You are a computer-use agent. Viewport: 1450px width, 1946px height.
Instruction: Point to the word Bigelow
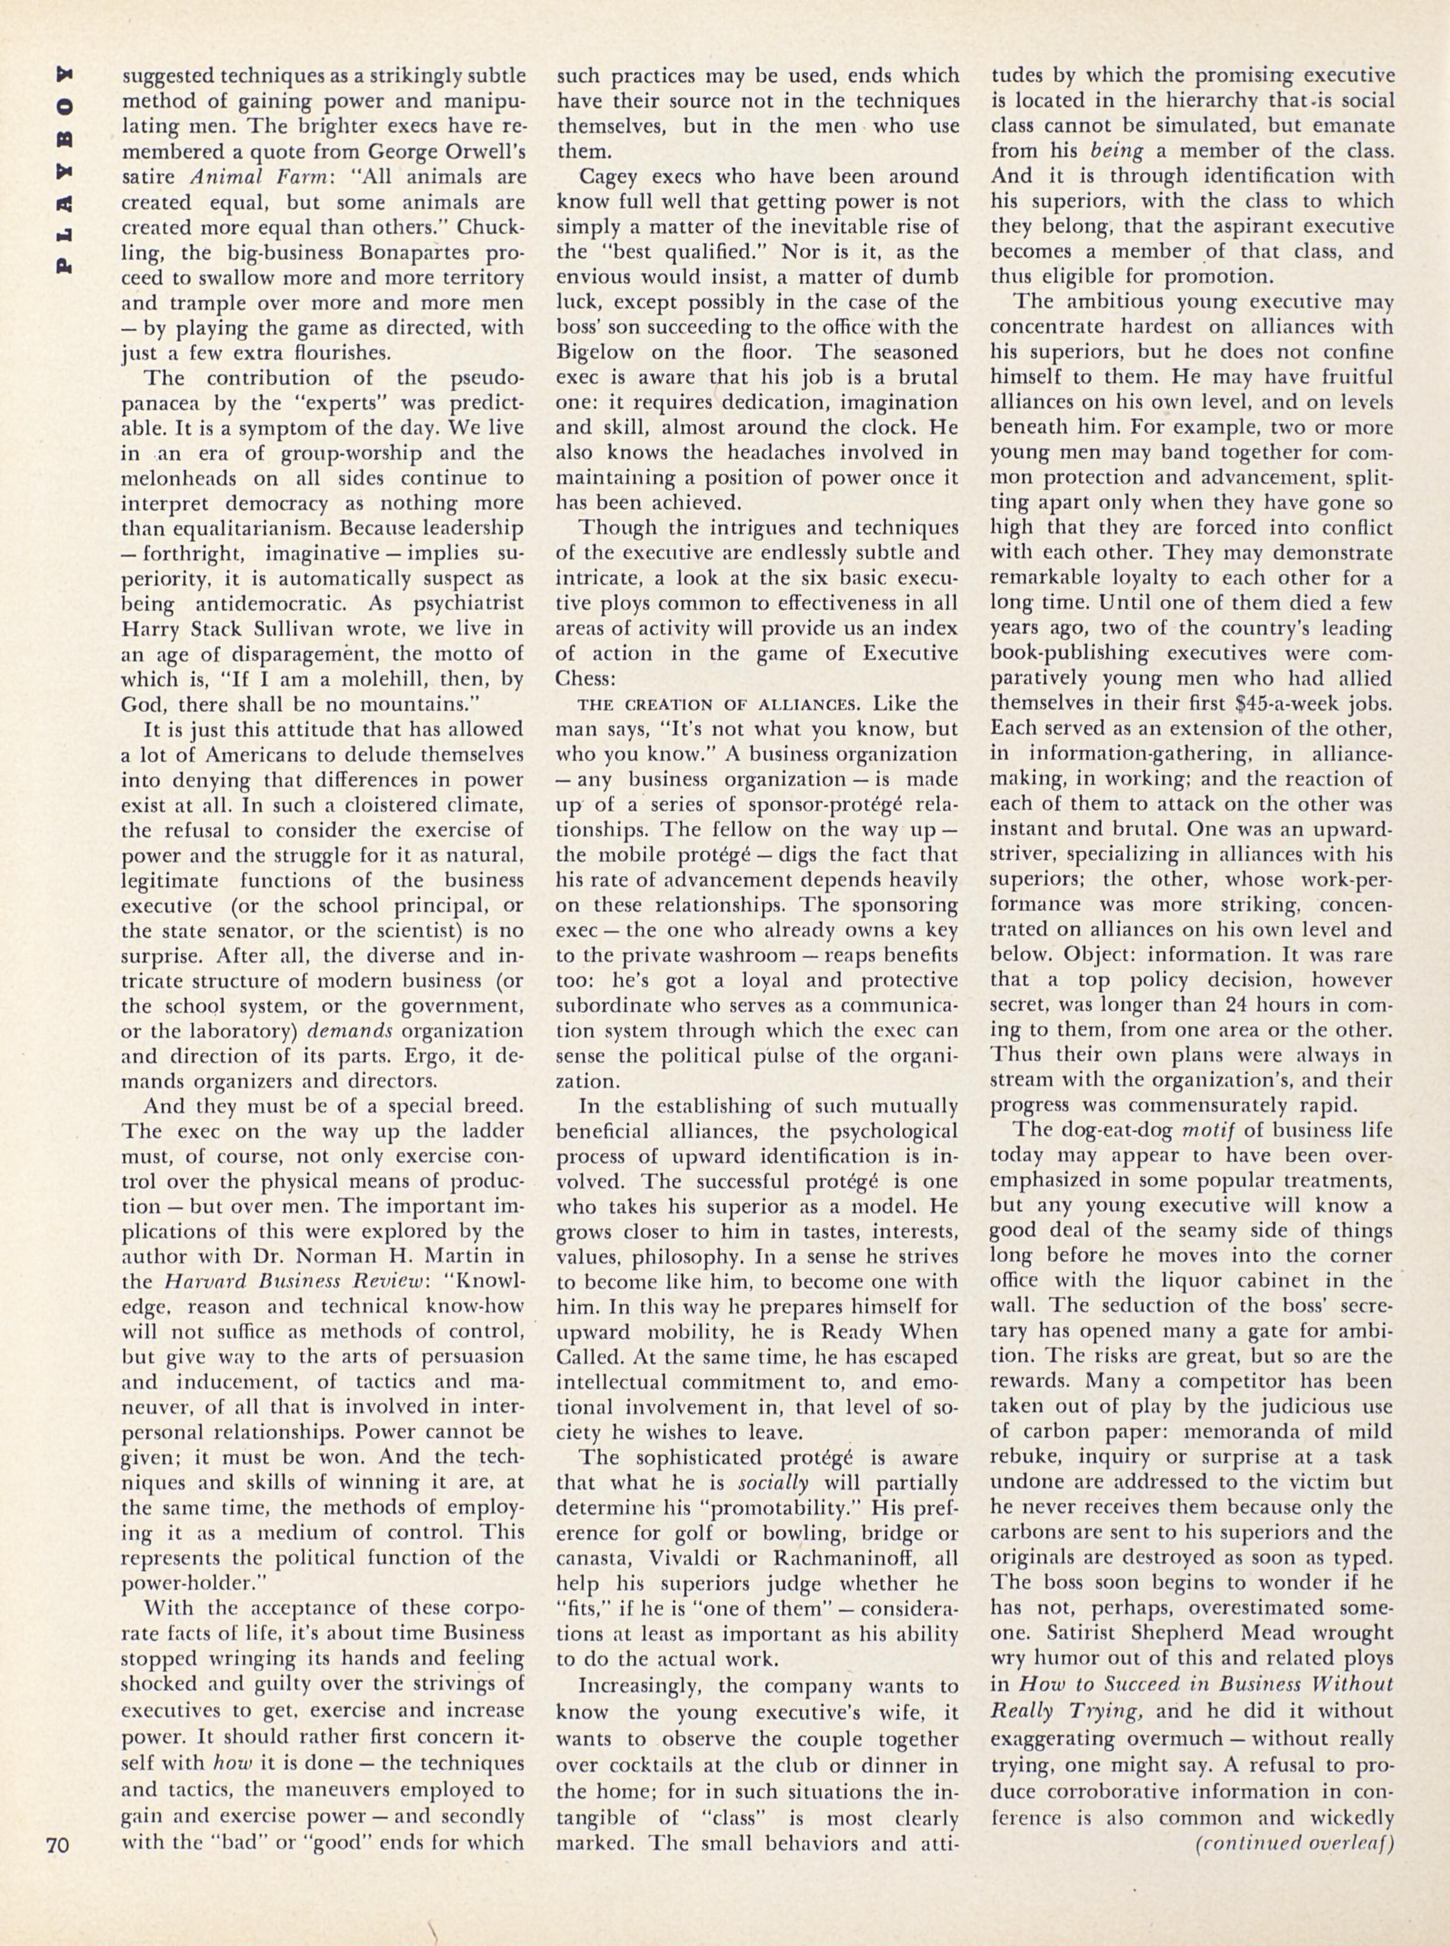coord(602,352)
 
